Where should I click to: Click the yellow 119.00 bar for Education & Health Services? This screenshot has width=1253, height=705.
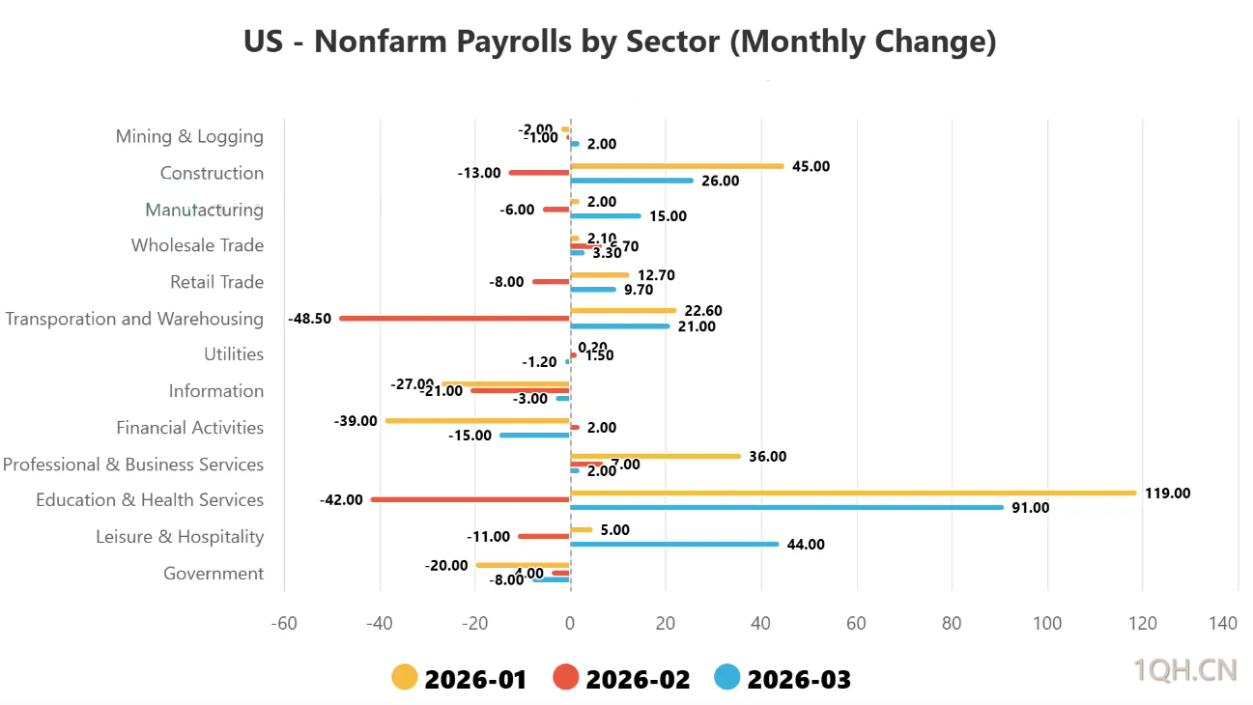pyautogui.click(x=853, y=493)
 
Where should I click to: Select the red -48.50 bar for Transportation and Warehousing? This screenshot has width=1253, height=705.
pyautogui.click(x=454, y=318)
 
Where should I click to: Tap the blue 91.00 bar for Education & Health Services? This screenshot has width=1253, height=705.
pyautogui.click(x=786, y=507)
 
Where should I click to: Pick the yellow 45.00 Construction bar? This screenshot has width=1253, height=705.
pyautogui.click(x=676, y=166)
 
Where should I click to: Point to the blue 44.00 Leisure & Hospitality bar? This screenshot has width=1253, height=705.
pyautogui.click(x=674, y=544)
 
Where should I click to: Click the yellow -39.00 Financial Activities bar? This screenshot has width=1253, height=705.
pyautogui.click(x=477, y=420)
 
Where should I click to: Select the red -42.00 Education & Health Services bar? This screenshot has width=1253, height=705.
pyautogui.click(x=470, y=499)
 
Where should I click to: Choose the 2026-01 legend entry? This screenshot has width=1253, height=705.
pyautogui.click(x=460, y=679)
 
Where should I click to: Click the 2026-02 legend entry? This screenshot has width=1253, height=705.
pyautogui.click(x=622, y=679)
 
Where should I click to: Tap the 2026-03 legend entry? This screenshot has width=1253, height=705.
pyautogui.click(x=783, y=679)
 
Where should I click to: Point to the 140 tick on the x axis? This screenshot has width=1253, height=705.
pyautogui.click(x=1223, y=624)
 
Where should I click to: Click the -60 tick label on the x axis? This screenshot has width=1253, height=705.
pyautogui.click(x=284, y=624)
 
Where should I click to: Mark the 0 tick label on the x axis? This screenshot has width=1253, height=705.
pyautogui.click(x=571, y=624)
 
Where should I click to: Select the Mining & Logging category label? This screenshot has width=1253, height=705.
pyautogui.click(x=189, y=136)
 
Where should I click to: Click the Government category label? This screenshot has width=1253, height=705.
pyautogui.click(x=214, y=574)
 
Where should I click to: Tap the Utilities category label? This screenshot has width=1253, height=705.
pyautogui.click(x=234, y=354)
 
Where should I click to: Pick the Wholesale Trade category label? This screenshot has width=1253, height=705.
pyautogui.click(x=197, y=245)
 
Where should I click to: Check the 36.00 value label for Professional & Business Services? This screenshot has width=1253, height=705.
pyautogui.click(x=768, y=457)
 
